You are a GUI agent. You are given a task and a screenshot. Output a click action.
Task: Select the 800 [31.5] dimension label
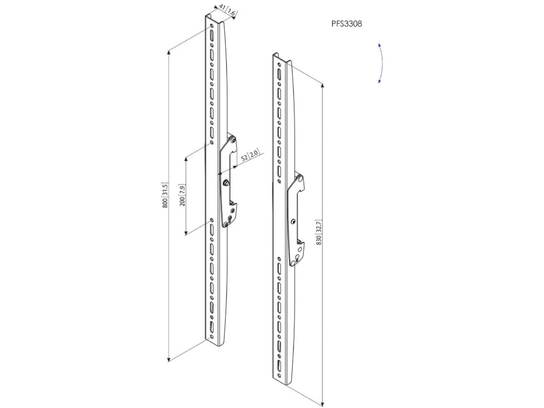pos(165,195)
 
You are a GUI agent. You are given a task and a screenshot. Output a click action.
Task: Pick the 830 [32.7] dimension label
pos(319,231)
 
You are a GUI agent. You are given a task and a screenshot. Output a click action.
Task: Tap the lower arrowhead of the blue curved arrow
pos(379,81)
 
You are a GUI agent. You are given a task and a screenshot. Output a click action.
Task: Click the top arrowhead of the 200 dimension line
pos(185,158)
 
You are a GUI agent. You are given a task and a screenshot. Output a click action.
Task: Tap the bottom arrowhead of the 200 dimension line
pos(185,234)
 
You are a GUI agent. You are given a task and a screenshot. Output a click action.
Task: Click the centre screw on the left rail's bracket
pos(227,183)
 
